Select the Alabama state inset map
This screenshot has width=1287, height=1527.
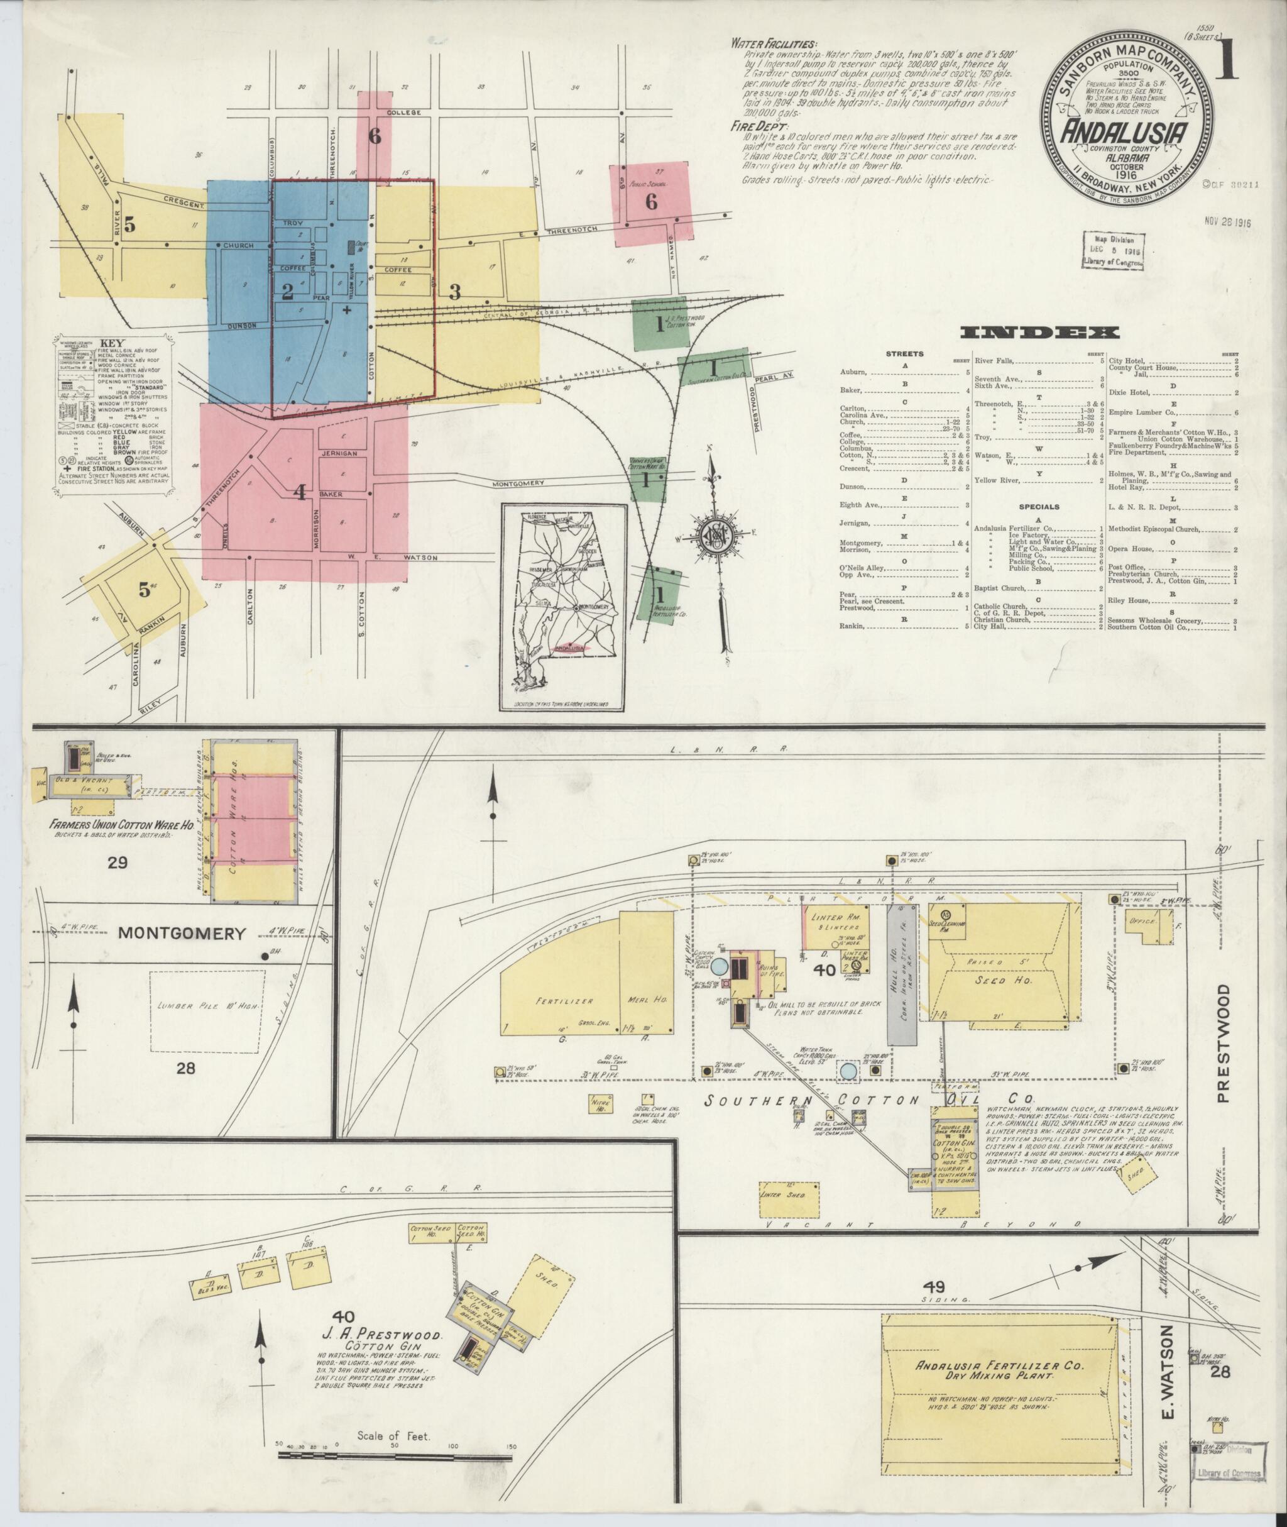[563, 607]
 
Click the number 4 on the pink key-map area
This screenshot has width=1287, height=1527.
[299, 492]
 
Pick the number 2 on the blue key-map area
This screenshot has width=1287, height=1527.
[287, 292]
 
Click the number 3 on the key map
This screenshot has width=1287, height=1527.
[454, 292]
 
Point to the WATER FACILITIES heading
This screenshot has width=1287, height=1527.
[774, 44]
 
